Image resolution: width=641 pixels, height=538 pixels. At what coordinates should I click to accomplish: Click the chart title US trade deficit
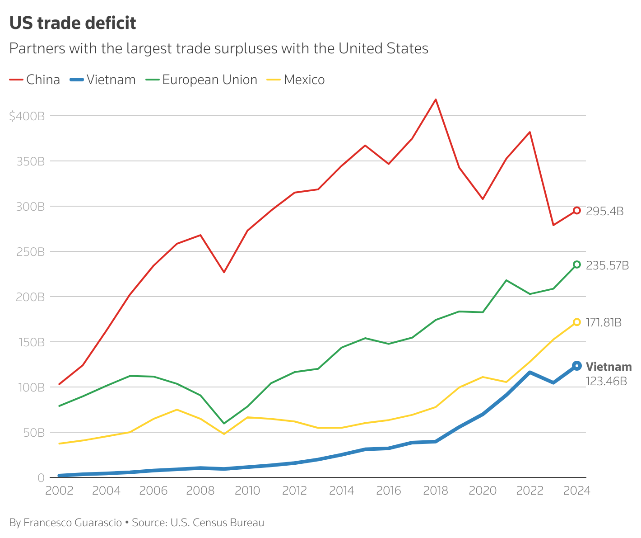tap(73, 23)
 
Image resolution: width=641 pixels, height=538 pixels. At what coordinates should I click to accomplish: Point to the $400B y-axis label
tap(27, 116)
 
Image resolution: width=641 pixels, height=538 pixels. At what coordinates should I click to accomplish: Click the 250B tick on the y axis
tap(30, 252)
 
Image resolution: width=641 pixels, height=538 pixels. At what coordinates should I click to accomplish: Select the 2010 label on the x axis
tap(247, 491)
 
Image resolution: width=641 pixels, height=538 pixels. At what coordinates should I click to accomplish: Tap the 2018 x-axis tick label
tap(436, 491)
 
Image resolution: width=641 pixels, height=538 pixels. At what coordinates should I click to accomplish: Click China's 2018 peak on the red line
tap(436, 99)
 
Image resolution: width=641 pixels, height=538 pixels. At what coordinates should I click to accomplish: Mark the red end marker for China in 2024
tap(576, 211)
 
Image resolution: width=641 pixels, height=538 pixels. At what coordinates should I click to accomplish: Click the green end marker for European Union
tap(576, 264)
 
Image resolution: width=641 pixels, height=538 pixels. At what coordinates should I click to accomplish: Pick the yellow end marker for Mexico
tap(576, 322)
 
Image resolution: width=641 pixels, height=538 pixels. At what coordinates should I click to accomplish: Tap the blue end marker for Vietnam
tap(576, 366)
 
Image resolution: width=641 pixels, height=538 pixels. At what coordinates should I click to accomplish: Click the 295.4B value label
tap(604, 212)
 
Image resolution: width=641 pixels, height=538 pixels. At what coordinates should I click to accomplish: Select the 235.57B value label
tap(607, 266)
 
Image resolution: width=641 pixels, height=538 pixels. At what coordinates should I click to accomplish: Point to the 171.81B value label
tap(604, 323)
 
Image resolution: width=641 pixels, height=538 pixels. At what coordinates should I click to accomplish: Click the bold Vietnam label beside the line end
tap(608, 367)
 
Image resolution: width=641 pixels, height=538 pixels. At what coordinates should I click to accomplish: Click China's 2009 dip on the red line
tap(224, 272)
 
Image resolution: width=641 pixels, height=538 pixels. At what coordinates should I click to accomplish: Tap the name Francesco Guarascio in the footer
tap(73, 523)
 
